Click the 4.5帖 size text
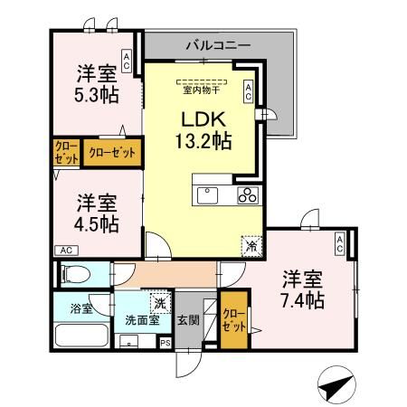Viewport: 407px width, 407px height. click(x=96, y=222)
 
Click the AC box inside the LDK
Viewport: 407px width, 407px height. click(x=248, y=91)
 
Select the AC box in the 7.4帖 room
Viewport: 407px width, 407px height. click(x=339, y=243)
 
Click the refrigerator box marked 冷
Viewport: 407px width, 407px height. click(x=251, y=244)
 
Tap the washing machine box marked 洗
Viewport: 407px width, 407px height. click(x=159, y=303)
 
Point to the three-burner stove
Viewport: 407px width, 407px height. click(x=249, y=196)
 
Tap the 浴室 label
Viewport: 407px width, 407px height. click(x=80, y=308)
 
